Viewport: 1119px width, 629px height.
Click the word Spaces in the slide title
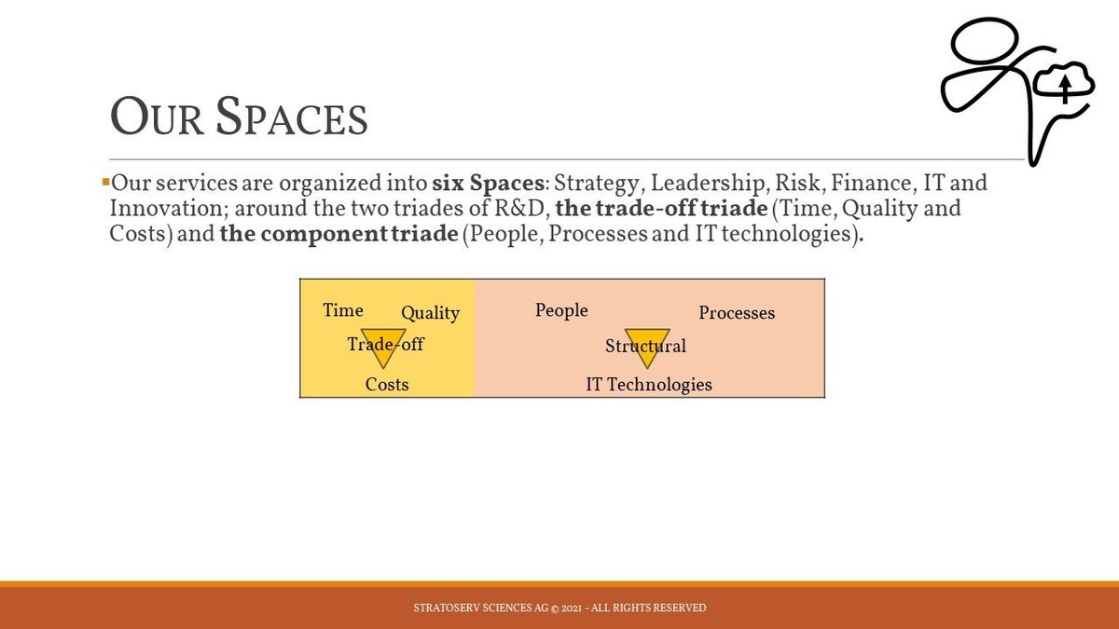pyautogui.click(x=292, y=116)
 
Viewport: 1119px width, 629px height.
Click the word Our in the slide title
pyautogui.click(x=157, y=116)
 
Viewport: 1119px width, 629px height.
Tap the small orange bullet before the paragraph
pyautogui.click(x=105, y=182)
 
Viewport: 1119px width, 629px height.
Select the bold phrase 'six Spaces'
pyautogui.click(x=488, y=184)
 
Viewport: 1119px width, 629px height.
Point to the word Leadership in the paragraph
pyautogui.click(x=707, y=184)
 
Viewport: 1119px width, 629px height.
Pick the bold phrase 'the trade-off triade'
pyautogui.click(x=661, y=208)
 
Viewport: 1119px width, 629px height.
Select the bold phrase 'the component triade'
pyautogui.click(x=338, y=234)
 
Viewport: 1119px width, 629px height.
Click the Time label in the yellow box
pyautogui.click(x=343, y=310)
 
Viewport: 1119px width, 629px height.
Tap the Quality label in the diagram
pyautogui.click(x=430, y=313)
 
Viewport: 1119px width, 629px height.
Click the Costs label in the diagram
pyautogui.click(x=387, y=384)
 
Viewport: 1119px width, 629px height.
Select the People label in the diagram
pyautogui.click(x=561, y=310)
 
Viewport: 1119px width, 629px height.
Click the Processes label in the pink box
pyautogui.click(x=737, y=313)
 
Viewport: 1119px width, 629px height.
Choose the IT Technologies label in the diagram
pyautogui.click(x=649, y=385)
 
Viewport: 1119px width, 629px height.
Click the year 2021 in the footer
pyautogui.click(x=571, y=608)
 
